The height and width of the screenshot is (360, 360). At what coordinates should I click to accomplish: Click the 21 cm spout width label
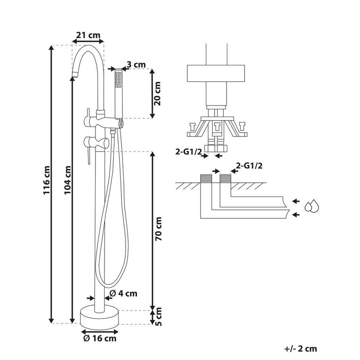click(x=88, y=35)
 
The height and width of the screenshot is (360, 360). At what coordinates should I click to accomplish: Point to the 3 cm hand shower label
click(x=136, y=64)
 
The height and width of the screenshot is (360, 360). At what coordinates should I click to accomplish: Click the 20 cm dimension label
click(x=158, y=94)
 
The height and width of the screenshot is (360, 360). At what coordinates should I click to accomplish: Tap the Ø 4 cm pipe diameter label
click(x=123, y=293)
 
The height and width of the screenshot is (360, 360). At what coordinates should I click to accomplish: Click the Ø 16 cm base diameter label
click(x=99, y=338)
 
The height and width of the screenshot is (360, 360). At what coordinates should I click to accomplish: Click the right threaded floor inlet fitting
click(x=225, y=179)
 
